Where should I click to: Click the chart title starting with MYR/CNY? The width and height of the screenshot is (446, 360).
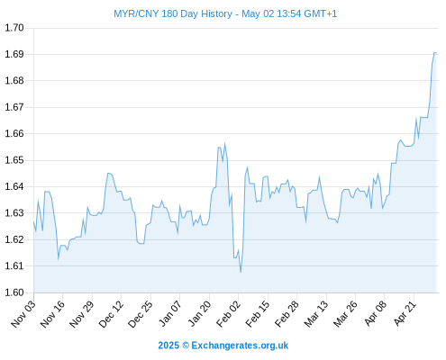click(x=225, y=13)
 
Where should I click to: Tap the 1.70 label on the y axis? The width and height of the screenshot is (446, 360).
click(x=14, y=28)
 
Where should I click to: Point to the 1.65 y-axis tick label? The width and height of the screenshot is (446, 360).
click(x=14, y=160)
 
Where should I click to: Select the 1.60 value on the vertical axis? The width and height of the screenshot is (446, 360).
click(x=14, y=292)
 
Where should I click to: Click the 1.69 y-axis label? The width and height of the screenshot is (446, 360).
click(x=14, y=54)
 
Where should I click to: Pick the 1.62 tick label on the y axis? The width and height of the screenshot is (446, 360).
click(x=14, y=239)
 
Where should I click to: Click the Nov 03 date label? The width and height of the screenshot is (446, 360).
click(x=23, y=314)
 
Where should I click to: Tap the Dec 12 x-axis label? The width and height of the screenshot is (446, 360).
click(x=111, y=314)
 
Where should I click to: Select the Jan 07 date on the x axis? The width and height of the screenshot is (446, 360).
click(x=170, y=314)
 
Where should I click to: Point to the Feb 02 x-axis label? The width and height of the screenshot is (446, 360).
click(x=228, y=314)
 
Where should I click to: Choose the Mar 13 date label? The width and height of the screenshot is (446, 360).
click(x=316, y=314)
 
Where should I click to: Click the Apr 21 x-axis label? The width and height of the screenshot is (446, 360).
click(x=405, y=314)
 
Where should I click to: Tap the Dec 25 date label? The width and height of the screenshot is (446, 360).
click(x=141, y=314)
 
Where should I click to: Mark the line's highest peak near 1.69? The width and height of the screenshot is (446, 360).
click(x=435, y=53)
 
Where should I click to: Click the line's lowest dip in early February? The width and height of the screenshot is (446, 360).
click(x=241, y=272)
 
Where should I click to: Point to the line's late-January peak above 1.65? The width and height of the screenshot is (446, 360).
click(x=224, y=144)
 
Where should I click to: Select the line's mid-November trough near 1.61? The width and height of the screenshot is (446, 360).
click(x=59, y=258)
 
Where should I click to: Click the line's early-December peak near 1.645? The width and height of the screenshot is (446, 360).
click(x=109, y=173)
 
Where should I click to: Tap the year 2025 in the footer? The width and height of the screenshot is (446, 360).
click(x=168, y=346)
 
